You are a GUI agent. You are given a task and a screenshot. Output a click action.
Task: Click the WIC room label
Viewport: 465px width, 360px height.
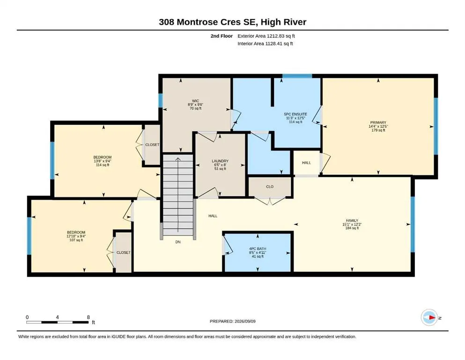(195, 101)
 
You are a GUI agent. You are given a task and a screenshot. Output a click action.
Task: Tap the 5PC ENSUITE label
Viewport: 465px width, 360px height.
(295, 114)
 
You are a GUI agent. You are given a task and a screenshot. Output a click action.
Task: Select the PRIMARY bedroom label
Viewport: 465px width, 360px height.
(378, 122)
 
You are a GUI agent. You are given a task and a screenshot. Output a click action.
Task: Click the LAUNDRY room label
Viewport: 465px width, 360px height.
(220, 161)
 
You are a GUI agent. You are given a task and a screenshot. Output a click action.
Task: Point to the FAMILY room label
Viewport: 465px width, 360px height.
(352, 220)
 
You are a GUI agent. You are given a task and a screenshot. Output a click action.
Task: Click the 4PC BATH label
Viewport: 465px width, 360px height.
(258, 249)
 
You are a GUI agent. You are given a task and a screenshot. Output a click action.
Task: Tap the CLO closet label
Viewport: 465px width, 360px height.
(270, 187)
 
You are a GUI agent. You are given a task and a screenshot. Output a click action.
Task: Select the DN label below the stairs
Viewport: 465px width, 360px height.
(178, 242)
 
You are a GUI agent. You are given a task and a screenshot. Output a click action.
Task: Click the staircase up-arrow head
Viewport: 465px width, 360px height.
(178, 159)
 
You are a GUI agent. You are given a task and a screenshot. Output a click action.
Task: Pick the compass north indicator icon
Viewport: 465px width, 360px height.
(429, 317)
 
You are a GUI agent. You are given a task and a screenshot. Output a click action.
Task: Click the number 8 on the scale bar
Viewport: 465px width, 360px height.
(89, 317)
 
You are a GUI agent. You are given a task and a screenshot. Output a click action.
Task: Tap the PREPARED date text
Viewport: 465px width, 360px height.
(232, 321)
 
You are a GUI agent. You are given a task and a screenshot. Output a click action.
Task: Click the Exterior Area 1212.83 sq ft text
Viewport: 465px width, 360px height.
(266, 36)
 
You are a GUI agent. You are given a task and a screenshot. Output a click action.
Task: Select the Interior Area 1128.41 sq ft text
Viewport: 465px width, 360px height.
(265, 44)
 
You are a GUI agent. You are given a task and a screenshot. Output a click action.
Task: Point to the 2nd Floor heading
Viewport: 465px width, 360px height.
(221, 36)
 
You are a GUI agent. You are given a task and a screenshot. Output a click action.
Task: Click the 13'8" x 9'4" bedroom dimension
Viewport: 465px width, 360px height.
(102, 161)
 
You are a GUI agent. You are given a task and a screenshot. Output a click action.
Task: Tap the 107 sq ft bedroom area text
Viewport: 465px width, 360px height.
(76, 240)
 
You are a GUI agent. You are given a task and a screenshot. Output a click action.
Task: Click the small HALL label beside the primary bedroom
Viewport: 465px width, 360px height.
(306, 163)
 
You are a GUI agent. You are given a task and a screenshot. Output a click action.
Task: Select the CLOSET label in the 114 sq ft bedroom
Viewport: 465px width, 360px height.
(152, 144)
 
